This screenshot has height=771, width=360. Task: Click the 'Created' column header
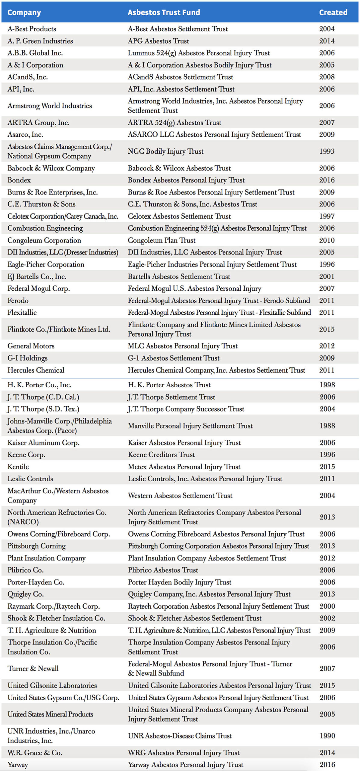click(x=333, y=12)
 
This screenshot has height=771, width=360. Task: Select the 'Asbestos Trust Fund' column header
click(x=164, y=12)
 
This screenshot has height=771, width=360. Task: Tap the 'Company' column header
click(x=24, y=12)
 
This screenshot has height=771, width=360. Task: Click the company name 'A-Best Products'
click(x=32, y=29)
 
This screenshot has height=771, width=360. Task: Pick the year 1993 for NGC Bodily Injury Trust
click(x=327, y=151)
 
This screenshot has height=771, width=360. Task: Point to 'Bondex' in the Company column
click(x=19, y=180)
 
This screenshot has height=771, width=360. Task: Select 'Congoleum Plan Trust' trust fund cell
click(x=161, y=240)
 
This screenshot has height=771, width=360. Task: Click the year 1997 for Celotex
click(x=327, y=216)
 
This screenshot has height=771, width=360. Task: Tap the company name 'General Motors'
click(x=31, y=346)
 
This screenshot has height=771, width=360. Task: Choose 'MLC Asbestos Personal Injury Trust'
click(x=183, y=346)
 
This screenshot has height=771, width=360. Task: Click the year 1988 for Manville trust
click(x=327, y=426)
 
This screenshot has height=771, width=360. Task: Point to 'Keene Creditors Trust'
click(x=161, y=454)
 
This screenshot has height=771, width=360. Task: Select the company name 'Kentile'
click(x=18, y=467)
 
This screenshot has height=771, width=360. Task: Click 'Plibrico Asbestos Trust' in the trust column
click(x=163, y=570)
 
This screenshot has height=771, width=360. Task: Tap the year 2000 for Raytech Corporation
click(x=327, y=606)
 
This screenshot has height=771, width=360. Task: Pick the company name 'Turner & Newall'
click(x=33, y=669)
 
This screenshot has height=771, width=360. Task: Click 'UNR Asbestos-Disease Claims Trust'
click(x=180, y=736)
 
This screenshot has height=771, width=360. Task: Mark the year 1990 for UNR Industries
click(x=327, y=736)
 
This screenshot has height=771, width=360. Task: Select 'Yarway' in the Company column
click(x=17, y=764)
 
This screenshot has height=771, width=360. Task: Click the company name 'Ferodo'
click(x=18, y=301)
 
